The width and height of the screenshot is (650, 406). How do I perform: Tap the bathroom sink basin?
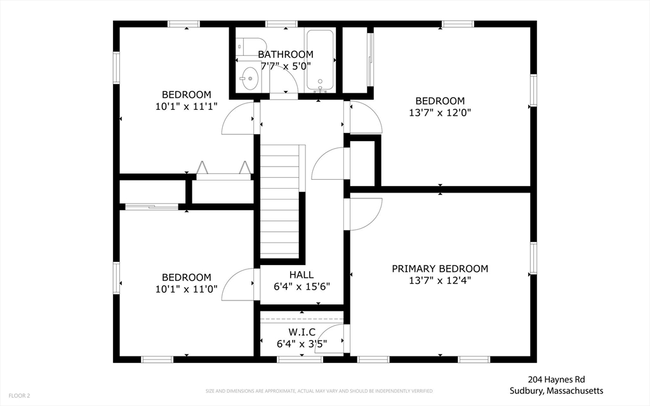(249, 78)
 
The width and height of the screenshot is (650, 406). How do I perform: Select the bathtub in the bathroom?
(320, 61)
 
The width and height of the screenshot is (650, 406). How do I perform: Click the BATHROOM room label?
(286, 55)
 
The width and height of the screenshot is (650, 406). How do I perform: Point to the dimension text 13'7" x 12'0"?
(440, 112)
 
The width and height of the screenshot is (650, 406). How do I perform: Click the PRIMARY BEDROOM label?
(440, 269)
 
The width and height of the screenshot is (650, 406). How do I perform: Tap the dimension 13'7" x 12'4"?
(440, 280)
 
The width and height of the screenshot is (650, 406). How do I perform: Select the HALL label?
(302, 275)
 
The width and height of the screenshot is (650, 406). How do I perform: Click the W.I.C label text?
(302, 332)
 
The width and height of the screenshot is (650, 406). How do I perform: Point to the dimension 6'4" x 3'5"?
(302, 344)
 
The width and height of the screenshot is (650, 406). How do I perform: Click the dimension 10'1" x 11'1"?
(187, 106)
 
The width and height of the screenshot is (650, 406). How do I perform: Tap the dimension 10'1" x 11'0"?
(187, 289)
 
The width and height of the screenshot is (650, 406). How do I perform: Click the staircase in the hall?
(280, 201)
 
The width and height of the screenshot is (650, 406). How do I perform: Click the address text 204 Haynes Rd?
(556, 379)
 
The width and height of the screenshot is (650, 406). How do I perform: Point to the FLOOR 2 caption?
(19, 396)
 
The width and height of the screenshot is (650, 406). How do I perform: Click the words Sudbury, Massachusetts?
(556, 391)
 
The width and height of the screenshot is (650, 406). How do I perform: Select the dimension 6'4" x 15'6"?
(302, 287)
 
